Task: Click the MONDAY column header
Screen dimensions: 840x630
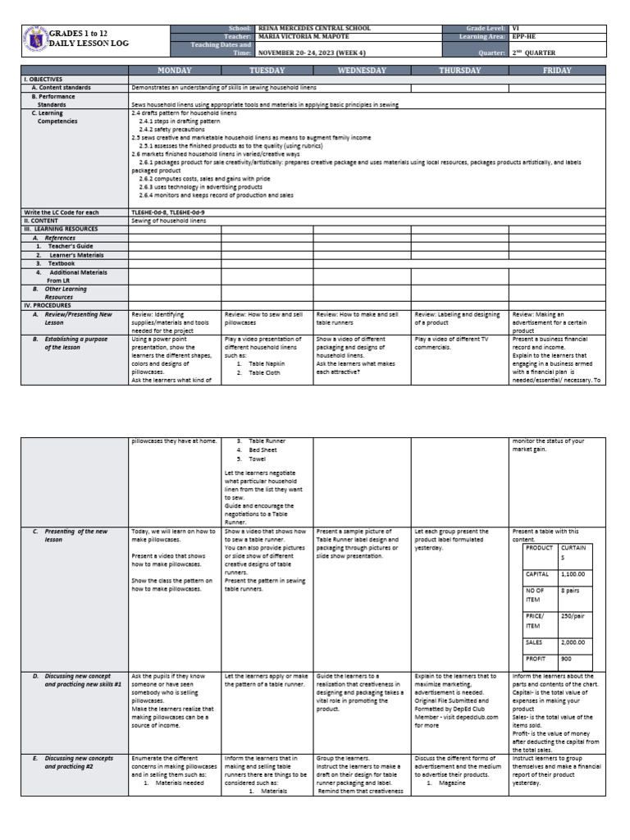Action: [x=175, y=71]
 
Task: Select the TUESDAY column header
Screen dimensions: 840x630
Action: [x=267, y=71]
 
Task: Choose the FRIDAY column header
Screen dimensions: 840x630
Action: [x=558, y=71]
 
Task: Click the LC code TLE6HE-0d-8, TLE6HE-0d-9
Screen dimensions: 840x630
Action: [x=169, y=212]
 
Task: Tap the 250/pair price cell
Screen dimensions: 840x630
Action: [x=573, y=614]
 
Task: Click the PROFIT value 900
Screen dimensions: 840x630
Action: [x=566, y=659]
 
